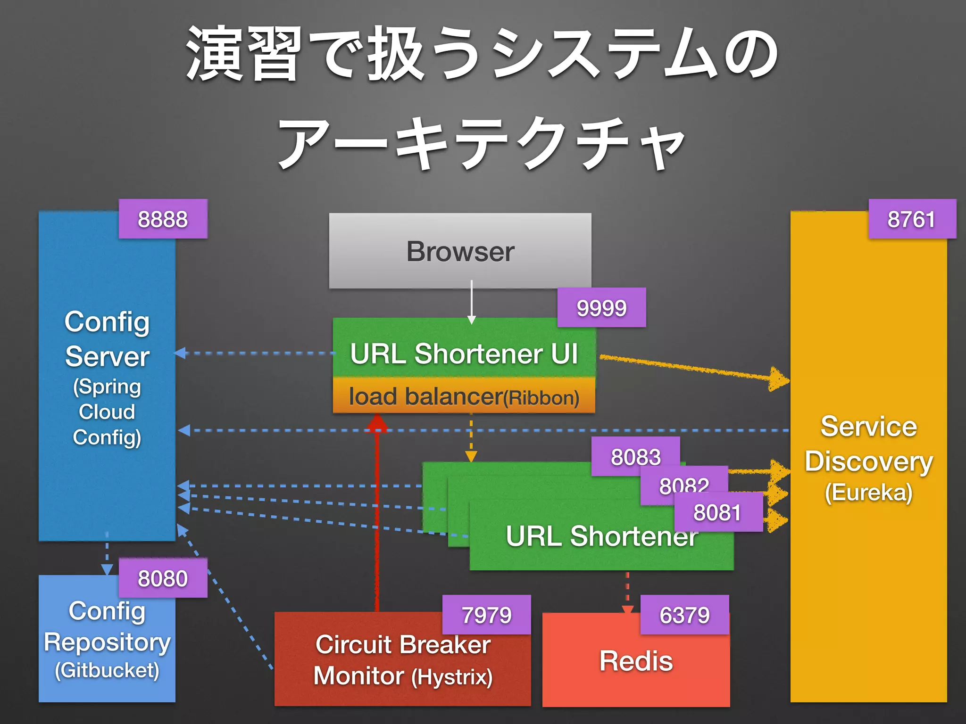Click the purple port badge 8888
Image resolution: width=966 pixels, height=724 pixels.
(x=163, y=219)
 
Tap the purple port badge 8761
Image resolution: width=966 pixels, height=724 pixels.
(x=912, y=219)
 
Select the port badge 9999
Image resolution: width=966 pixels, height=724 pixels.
(x=601, y=308)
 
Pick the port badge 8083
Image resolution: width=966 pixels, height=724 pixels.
(x=635, y=456)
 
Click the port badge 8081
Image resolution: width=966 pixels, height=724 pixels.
(x=717, y=512)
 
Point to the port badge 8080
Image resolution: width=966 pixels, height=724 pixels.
(x=163, y=578)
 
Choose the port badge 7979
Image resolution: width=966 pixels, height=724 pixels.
(x=486, y=615)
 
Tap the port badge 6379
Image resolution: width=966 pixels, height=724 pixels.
(x=684, y=615)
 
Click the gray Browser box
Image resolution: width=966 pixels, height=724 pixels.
(x=460, y=251)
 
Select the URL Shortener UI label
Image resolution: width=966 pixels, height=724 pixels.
(x=464, y=354)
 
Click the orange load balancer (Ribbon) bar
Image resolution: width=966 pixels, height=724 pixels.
(x=464, y=396)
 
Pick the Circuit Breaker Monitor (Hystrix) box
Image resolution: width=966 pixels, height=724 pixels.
(x=402, y=660)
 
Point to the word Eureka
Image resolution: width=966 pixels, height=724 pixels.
(x=868, y=493)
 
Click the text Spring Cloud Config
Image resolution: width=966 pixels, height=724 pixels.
(x=107, y=411)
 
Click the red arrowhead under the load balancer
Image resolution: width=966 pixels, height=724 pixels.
(x=377, y=423)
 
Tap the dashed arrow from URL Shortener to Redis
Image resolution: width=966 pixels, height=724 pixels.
(x=627, y=591)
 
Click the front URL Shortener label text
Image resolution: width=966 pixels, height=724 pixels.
(x=601, y=536)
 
